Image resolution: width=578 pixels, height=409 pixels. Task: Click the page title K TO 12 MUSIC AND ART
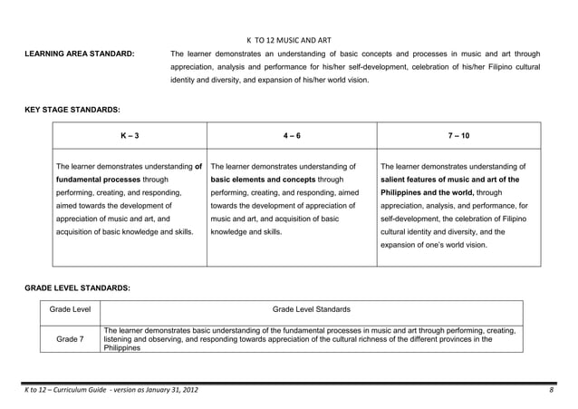289,40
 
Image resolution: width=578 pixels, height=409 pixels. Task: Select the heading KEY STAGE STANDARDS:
66,110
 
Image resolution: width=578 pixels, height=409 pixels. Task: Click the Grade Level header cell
70,310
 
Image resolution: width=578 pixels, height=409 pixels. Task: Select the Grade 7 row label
70,339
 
